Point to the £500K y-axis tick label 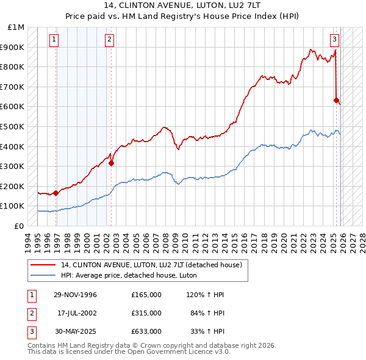[x=14, y=126]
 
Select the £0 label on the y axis [x=20, y=226]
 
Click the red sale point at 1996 [x=56, y=193]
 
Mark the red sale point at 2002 [x=112, y=163]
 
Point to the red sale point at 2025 [x=336, y=100]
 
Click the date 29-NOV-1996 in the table [x=76, y=295]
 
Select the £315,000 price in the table [x=146, y=313]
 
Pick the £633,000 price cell [x=146, y=331]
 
